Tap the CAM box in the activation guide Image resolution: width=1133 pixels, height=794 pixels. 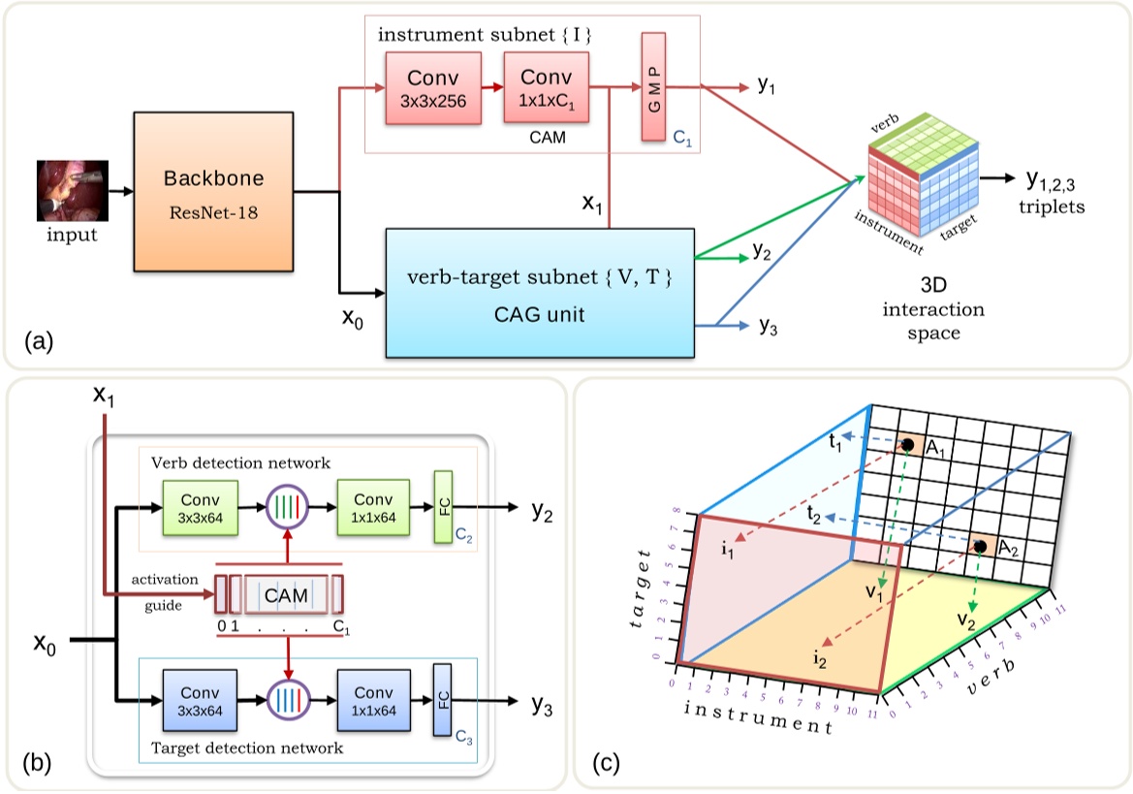pos(286,594)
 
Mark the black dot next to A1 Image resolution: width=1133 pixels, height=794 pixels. pos(908,446)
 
